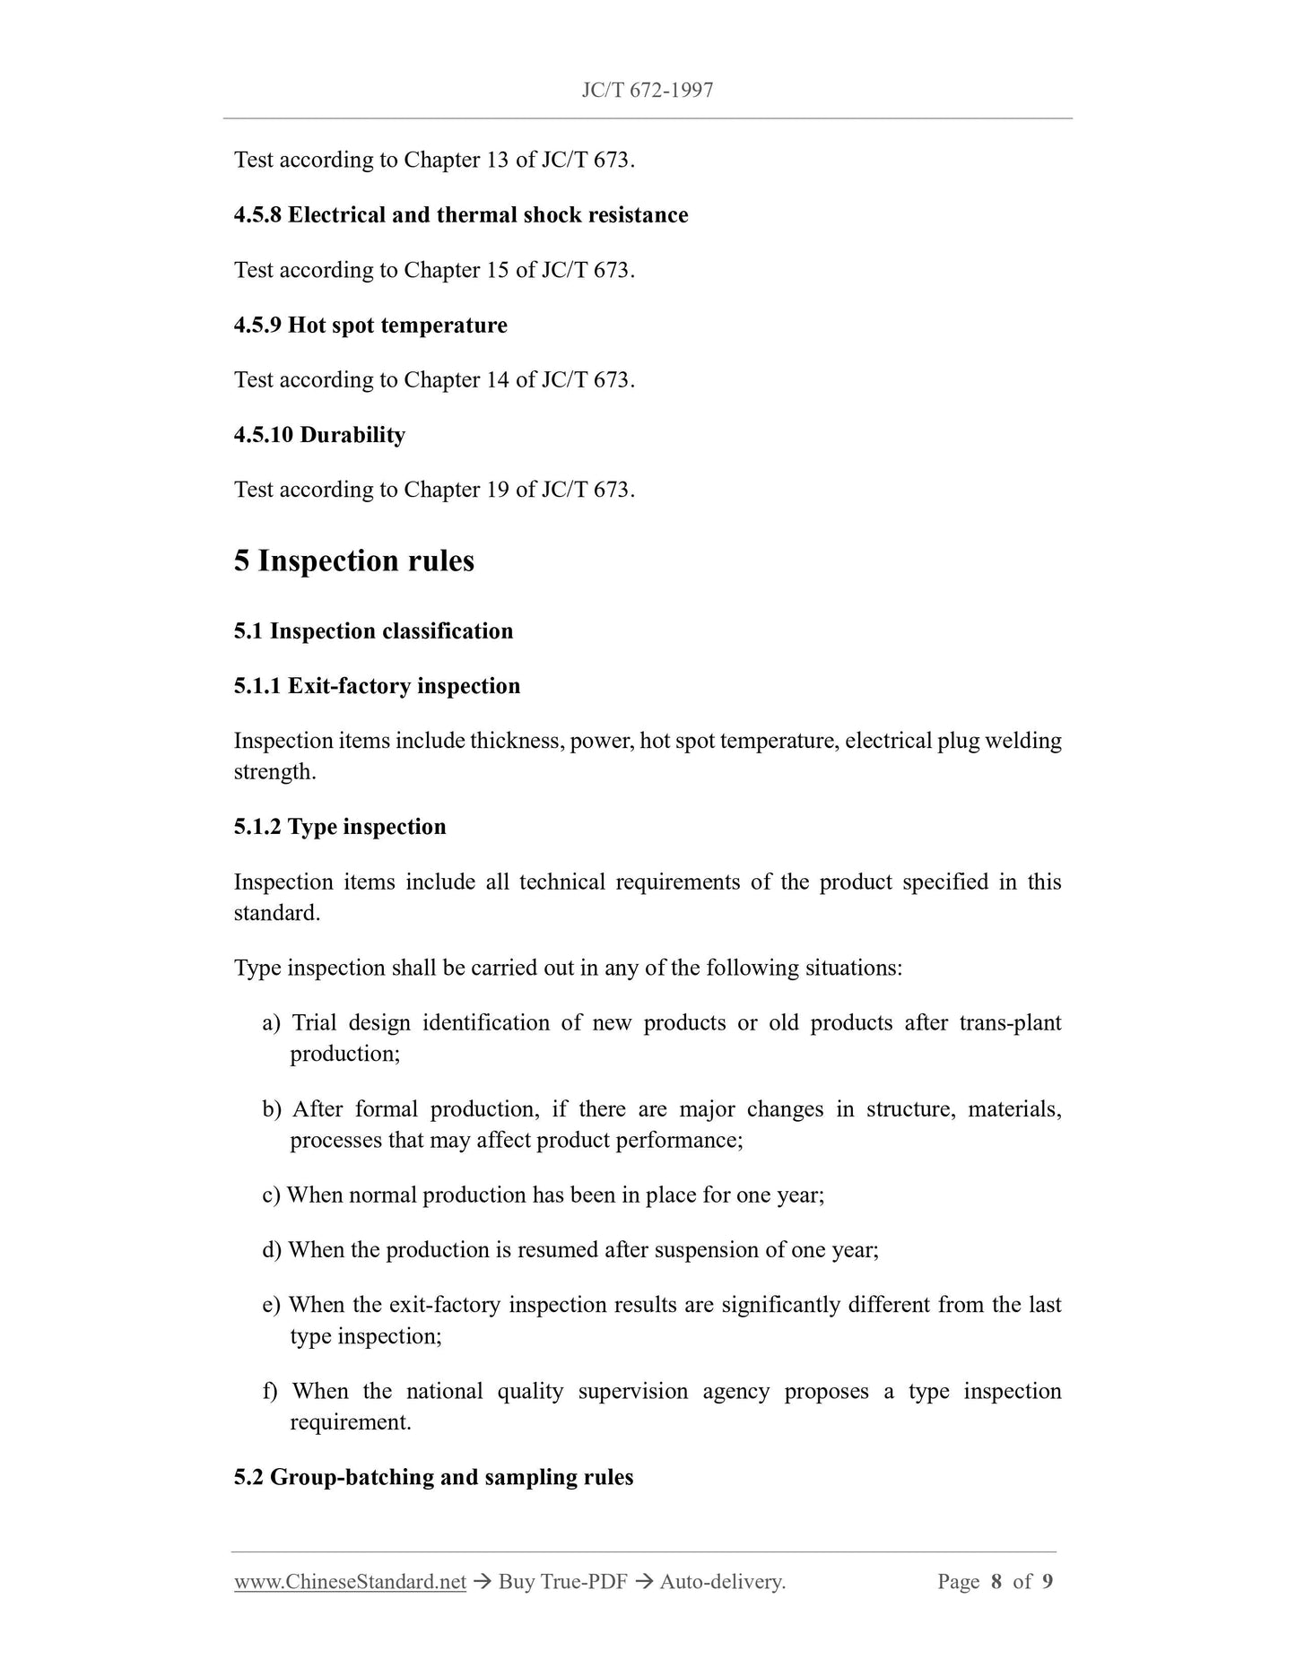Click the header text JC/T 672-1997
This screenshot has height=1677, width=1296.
pos(647,90)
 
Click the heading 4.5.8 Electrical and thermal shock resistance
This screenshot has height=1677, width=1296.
pos(461,215)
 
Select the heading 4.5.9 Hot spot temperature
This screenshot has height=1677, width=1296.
pos(370,325)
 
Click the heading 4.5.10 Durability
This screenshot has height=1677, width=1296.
pos(319,435)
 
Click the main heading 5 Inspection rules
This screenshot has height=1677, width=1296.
pos(353,560)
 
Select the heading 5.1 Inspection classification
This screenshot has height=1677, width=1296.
pos(373,631)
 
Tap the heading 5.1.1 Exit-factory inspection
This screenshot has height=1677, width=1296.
pos(377,686)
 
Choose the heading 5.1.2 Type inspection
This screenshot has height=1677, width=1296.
pos(340,827)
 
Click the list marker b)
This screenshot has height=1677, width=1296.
pos(272,1109)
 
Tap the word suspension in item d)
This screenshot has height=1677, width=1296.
pos(707,1250)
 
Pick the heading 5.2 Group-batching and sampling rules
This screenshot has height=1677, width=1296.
pos(433,1478)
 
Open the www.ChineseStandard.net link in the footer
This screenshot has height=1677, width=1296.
pos(350,1582)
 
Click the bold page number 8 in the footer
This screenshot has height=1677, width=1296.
pos(996,1582)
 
